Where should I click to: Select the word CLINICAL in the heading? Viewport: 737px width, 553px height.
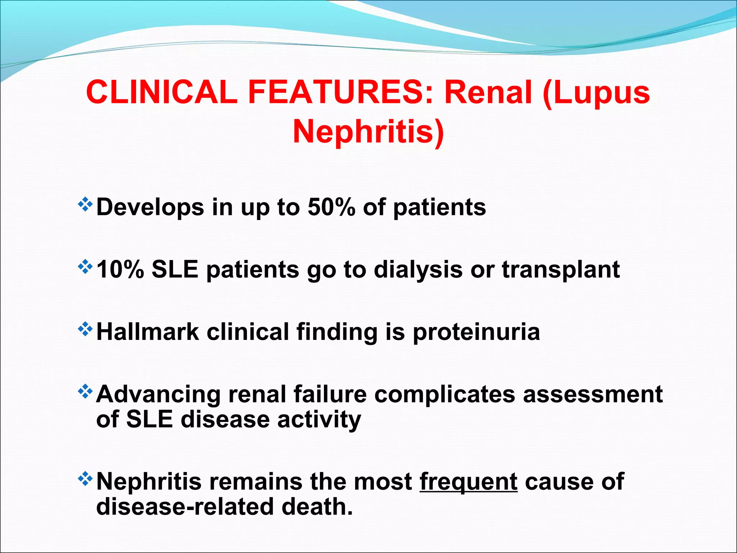click(x=162, y=93)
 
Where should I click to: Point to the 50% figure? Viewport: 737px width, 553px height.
click(x=331, y=207)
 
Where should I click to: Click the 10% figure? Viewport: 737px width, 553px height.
click(x=120, y=269)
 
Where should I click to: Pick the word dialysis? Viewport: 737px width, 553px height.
click(x=418, y=269)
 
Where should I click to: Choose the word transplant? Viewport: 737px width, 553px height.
click(x=561, y=269)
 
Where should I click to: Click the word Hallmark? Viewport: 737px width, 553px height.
click(x=148, y=332)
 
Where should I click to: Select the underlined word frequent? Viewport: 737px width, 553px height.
click(x=469, y=482)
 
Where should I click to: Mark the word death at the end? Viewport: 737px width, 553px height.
click(x=317, y=507)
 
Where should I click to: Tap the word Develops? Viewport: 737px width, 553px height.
click(x=150, y=208)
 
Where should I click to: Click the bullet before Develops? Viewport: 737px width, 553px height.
click(x=85, y=205)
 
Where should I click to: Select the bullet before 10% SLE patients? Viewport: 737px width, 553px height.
click(x=85, y=267)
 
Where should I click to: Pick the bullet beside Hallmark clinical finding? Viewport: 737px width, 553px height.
click(x=85, y=329)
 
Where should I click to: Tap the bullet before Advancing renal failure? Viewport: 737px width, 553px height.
click(x=85, y=392)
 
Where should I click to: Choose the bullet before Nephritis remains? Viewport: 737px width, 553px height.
click(x=85, y=479)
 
